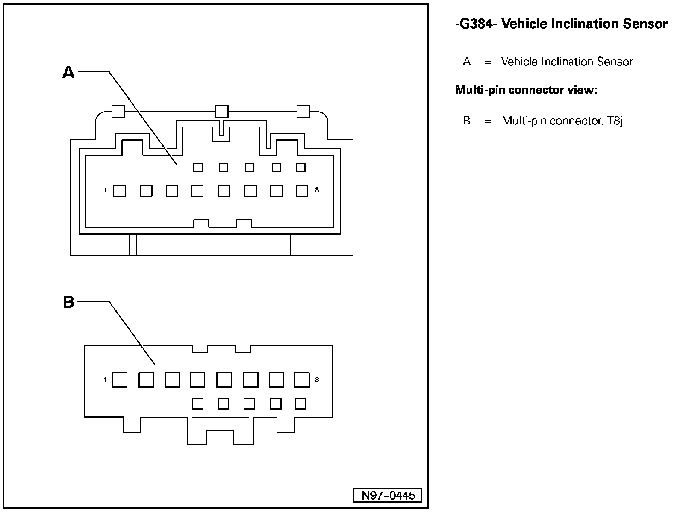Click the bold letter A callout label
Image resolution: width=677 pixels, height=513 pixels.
68,72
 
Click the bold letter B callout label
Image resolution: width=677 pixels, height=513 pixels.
68,302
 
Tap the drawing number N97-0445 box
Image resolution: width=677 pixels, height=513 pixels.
388,495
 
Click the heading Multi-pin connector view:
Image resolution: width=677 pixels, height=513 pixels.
526,90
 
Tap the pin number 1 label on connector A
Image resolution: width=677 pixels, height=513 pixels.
105,190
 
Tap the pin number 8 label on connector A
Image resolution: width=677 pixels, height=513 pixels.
317,190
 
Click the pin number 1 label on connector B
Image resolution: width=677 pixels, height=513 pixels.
105,380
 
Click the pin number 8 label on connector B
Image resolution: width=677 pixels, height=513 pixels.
317,380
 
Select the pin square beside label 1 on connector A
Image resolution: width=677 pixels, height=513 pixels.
120,191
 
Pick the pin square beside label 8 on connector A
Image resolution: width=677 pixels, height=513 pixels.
302,191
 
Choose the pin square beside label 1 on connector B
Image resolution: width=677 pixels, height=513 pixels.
120,380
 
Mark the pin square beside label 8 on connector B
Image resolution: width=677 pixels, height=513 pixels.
302,380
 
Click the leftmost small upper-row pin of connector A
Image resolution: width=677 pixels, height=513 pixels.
198,167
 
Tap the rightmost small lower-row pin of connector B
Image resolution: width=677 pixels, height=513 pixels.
301,404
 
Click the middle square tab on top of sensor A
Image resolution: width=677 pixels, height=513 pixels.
221,112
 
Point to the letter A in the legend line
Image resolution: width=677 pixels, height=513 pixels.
467,62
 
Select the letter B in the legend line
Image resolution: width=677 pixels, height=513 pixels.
467,121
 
